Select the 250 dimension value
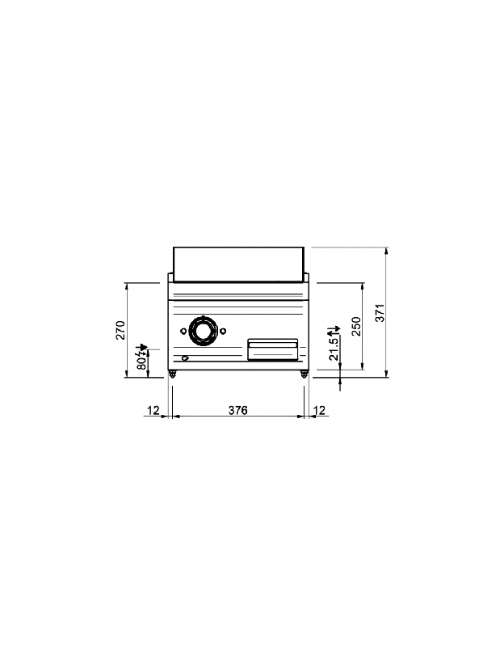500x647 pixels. point(355,328)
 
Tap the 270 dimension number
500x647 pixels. point(119,330)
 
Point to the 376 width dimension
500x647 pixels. point(237,410)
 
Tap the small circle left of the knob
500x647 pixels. point(183,330)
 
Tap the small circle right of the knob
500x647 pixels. point(222,330)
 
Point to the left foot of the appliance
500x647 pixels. point(172,374)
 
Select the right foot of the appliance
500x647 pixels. point(304,374)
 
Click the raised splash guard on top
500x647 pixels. point(238,260)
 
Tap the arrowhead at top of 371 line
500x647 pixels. point(387,250)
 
